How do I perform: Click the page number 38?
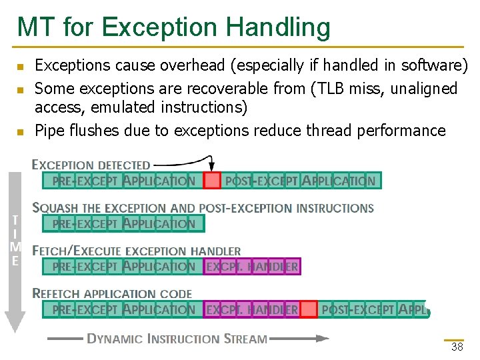[457, 347]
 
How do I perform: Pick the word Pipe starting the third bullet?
[49, 130]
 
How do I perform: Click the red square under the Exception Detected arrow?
[212, 180]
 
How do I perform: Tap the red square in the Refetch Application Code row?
[309, 309]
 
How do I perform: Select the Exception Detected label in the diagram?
[91, 165]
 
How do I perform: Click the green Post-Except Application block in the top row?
[300, 180]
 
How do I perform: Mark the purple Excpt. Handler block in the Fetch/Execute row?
[252, 267]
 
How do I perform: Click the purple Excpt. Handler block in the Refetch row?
[252, 309]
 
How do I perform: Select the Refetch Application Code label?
[112, 293]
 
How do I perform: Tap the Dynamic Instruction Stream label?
[177, 339]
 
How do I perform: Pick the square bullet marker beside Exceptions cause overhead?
[20, 66]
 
